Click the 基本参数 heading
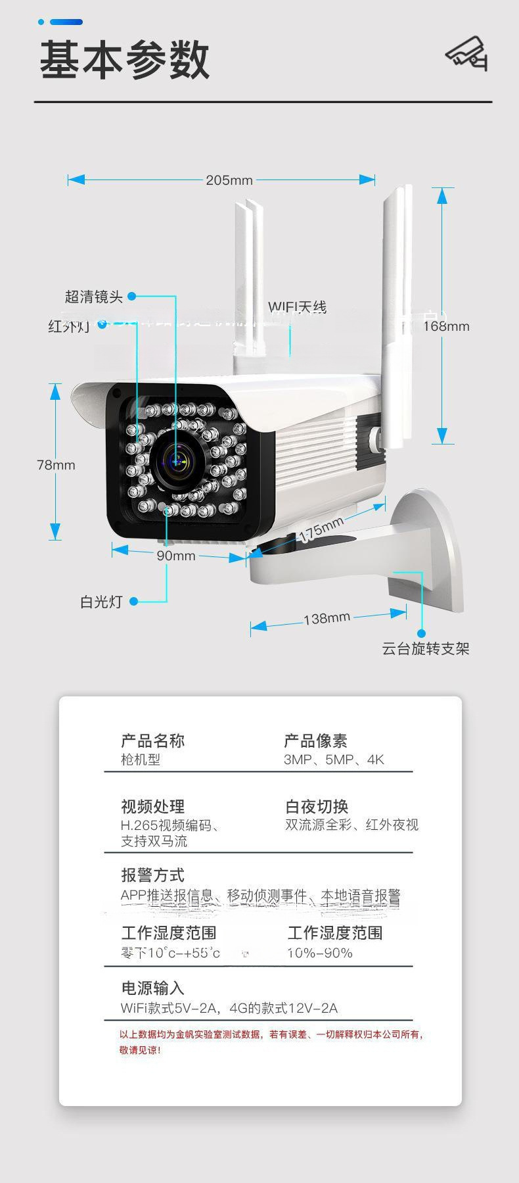[125, 60]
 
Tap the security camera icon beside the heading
[467, 54]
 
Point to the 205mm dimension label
[229, 180]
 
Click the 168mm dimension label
[446, 326]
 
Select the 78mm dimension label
[56, 465]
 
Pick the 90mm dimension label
[176, 556]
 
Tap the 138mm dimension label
[327, 618]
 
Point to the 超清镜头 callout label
[94, 297]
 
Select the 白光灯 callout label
[101, 602]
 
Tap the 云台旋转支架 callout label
[426, 649]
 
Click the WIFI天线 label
[297, 307]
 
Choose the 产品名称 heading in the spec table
[153, 741]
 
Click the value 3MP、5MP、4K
[334, 760]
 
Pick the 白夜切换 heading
[317, 807]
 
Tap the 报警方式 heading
[153, 875]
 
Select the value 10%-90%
[320, 953]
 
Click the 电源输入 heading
[152, 988]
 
